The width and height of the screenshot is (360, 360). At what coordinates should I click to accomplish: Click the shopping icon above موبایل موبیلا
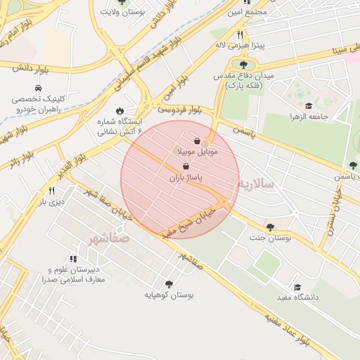(x=197, y=141)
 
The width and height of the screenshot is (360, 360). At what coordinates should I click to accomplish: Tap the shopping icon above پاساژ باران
(x=186, y=167)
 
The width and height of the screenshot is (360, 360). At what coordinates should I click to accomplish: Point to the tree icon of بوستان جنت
(x=270, y=227)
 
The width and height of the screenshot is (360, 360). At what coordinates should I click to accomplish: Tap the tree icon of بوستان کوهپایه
(x=168, y=284)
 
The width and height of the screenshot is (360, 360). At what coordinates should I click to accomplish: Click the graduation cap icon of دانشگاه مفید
(x=297, y=287)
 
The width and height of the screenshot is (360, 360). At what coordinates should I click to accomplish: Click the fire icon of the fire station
(x=120, y=110)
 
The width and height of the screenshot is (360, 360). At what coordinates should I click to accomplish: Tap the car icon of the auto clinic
(x=39, y=89)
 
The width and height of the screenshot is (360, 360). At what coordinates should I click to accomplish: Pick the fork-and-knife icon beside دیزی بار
(x=51, y=191)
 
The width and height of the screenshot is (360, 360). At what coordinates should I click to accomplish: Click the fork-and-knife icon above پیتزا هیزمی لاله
(x=240, y=34)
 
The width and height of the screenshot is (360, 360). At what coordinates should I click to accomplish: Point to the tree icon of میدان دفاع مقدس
(x=243, y=65)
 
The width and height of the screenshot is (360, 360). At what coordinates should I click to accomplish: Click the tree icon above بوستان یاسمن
(x=353, y=165)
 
